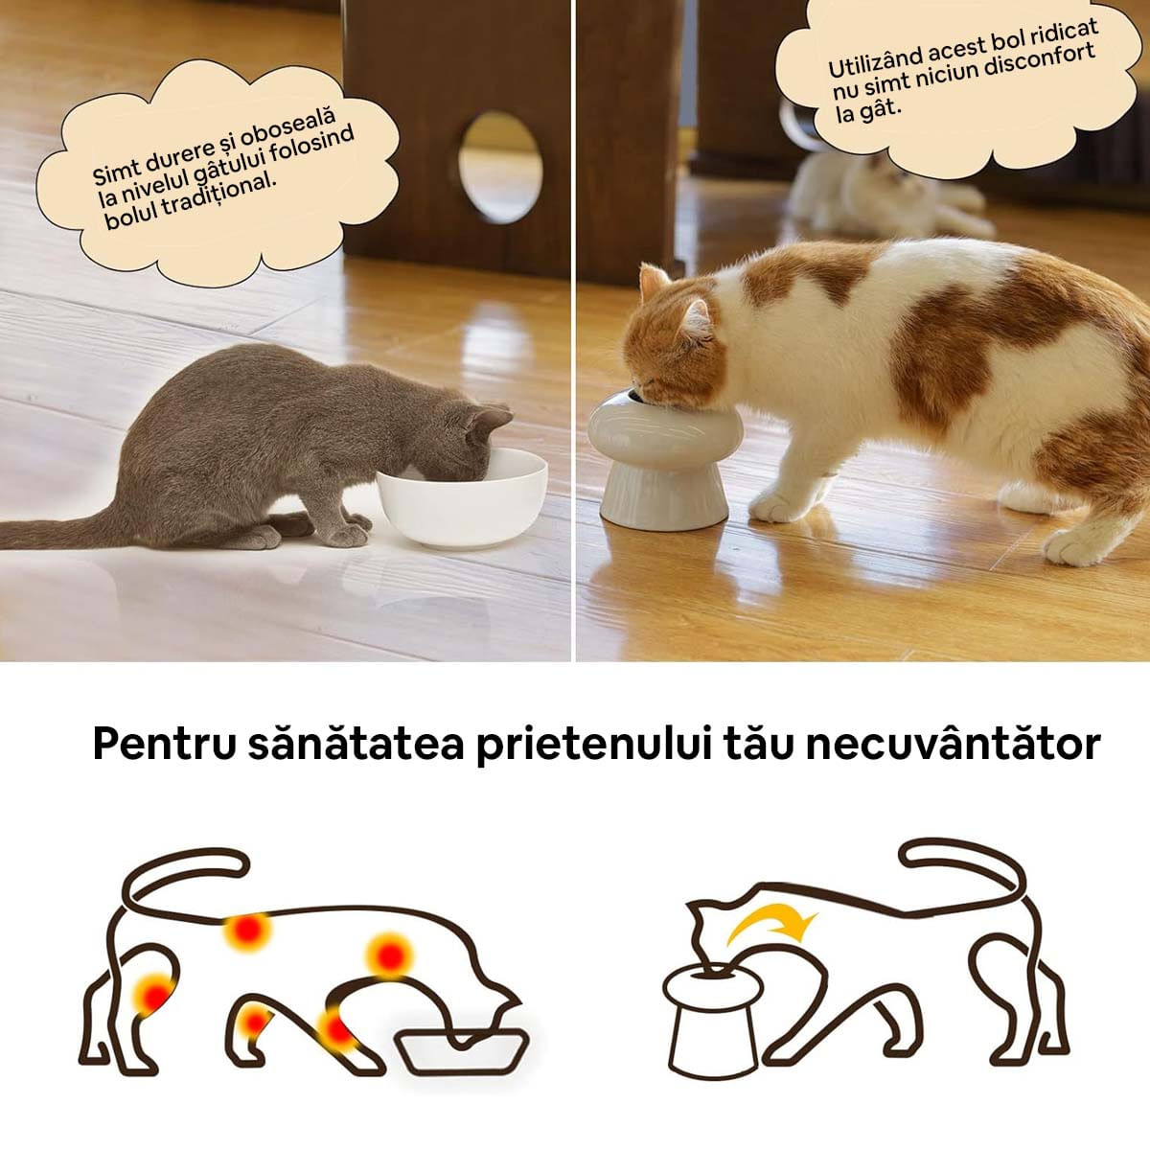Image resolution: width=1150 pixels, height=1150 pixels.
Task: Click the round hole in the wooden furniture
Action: [499, 168]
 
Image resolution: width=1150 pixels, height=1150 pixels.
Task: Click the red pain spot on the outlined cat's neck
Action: [389, 955]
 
